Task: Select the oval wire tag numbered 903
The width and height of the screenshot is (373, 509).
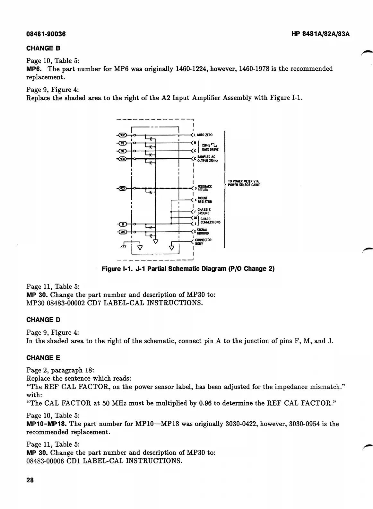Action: (123, 188)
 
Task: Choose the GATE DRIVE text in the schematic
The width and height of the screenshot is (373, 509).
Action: (210, 150)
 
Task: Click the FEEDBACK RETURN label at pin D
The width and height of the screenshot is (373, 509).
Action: (204, 188)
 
